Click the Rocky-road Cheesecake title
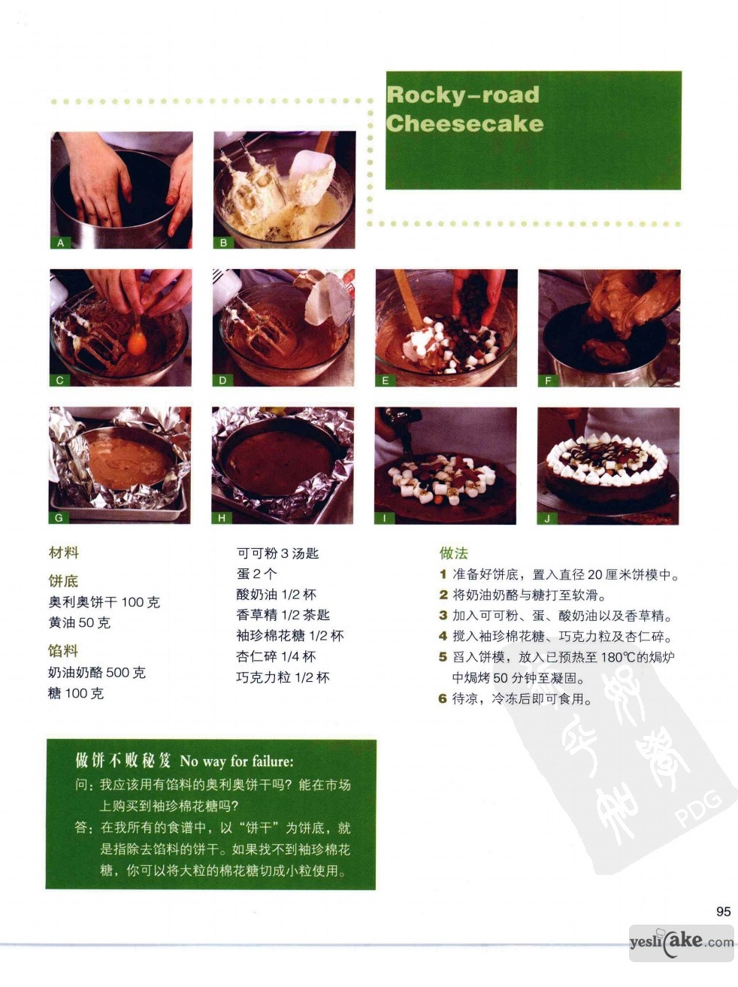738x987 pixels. (464, 109)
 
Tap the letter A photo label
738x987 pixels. (60, 243)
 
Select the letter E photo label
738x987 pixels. (386, 380)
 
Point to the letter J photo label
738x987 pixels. (547, 519)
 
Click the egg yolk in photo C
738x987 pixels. (137, 343)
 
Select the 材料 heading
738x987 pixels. (64, 553)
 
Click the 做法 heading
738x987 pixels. (453, 553)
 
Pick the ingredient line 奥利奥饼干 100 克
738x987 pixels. (104, 601)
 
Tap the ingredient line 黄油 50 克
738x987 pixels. (80, 622)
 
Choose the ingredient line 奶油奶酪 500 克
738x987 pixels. (97, 673)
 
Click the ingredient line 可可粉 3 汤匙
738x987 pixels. (278, 553)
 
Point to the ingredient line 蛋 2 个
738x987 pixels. (256, 574)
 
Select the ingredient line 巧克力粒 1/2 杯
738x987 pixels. (283, 677)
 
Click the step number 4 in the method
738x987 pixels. (443, 636)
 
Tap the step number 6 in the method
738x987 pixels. (443, 699)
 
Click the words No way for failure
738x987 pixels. (237, 761)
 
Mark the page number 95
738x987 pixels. (724, 911)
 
